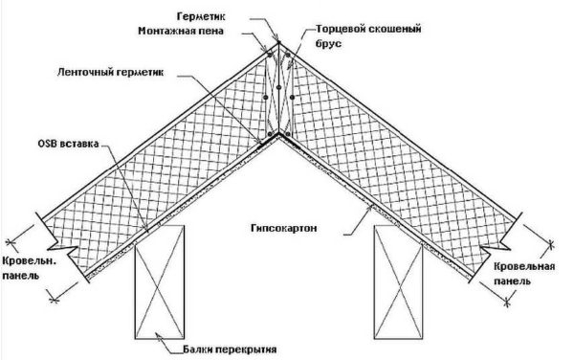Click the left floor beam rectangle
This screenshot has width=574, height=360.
click(161, 288)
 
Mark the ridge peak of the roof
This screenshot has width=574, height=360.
click(278, 42)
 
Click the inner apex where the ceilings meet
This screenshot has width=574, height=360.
click(278, 138)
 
